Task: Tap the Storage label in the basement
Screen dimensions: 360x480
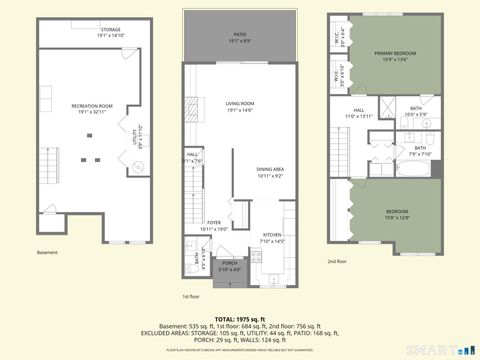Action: pyautogui.click(x=110, y=32)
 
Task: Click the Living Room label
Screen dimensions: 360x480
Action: pyautogui.click(x=239, y=106)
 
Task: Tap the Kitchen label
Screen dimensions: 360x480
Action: pyautogui.click(x=272, y=238)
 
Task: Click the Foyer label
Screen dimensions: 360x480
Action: pyautogui.click(x=214, y=225)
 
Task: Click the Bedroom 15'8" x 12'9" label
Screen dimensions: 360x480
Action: pyautogui.click(x=398, y=214)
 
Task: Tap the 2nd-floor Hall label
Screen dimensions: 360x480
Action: pyautogui.click(x=358, y=113)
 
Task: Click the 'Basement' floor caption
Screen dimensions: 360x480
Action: pyautogui.click(x=47, y=252)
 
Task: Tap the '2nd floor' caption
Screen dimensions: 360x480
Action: pyautogui.click(x=337, y=262)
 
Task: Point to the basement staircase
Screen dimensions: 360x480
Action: pyautogui.click(x=47, y=190)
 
